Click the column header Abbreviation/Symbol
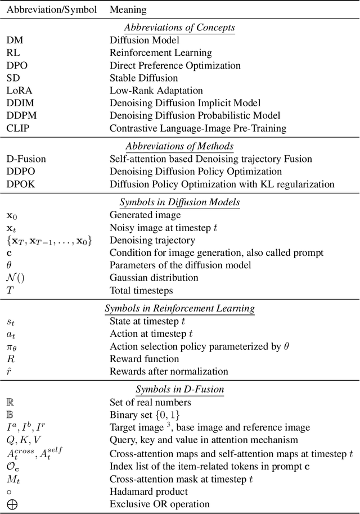coord(52,10)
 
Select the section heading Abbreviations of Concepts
coord(179,27)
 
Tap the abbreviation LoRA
coord(18,91)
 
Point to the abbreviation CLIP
coord(17,128)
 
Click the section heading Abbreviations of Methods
coord(179,146)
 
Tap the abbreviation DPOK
coord(20,184)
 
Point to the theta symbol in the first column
coord(9,265)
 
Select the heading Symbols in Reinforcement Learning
coord(179,308)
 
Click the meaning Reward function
coord(144,359)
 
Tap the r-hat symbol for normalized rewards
coord(9,372)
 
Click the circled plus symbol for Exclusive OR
coord(11,504)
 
